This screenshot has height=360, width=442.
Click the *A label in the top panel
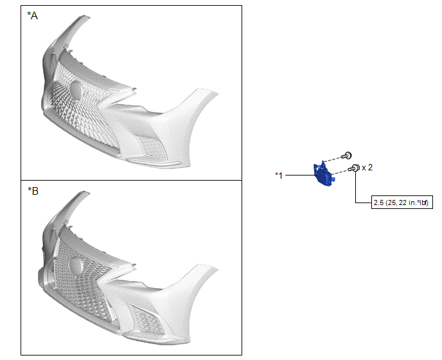32,16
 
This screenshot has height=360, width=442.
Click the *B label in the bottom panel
33,192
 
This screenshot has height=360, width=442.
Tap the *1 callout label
279,175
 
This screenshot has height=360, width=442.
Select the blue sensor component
324,174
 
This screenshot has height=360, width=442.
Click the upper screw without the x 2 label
347,155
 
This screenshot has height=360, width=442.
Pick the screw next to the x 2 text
354,168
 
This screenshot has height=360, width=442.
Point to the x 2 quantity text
367,168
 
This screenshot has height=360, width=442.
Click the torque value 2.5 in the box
378,203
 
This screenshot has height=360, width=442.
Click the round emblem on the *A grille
76,90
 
